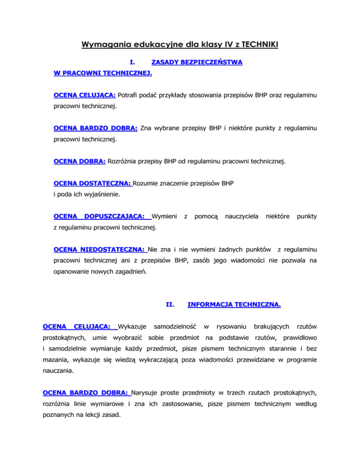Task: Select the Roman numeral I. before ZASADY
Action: coord(133,62)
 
